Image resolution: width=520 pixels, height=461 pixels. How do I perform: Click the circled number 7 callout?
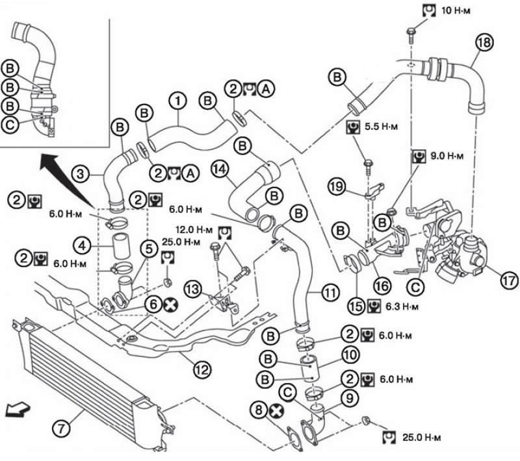61,429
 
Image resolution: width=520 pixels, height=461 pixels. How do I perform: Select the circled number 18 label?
484,42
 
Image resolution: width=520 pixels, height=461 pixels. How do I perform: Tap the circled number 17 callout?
509,280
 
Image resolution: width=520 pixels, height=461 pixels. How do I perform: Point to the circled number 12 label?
202,369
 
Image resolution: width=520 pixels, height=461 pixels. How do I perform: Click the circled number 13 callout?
193,289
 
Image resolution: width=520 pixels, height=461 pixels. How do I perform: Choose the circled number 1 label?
177,101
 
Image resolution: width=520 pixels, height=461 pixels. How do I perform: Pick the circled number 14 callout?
220,169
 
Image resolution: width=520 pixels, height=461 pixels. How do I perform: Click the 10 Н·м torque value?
456,10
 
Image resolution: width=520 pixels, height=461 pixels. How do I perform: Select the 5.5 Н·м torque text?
382,127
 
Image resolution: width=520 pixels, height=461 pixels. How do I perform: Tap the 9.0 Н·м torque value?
447,156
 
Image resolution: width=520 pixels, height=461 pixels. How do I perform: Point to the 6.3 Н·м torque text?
402,306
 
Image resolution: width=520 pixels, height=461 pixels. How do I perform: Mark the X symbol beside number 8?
276,411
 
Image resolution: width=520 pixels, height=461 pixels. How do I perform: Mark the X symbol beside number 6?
170,305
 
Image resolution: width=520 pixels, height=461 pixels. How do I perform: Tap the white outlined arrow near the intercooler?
18,409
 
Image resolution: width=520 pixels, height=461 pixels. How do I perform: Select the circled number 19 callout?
337,186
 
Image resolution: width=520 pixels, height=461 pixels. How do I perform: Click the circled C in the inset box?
10,125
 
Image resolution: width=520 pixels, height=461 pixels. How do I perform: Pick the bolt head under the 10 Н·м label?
411,32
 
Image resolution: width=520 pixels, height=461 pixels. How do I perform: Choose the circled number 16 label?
382,285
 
